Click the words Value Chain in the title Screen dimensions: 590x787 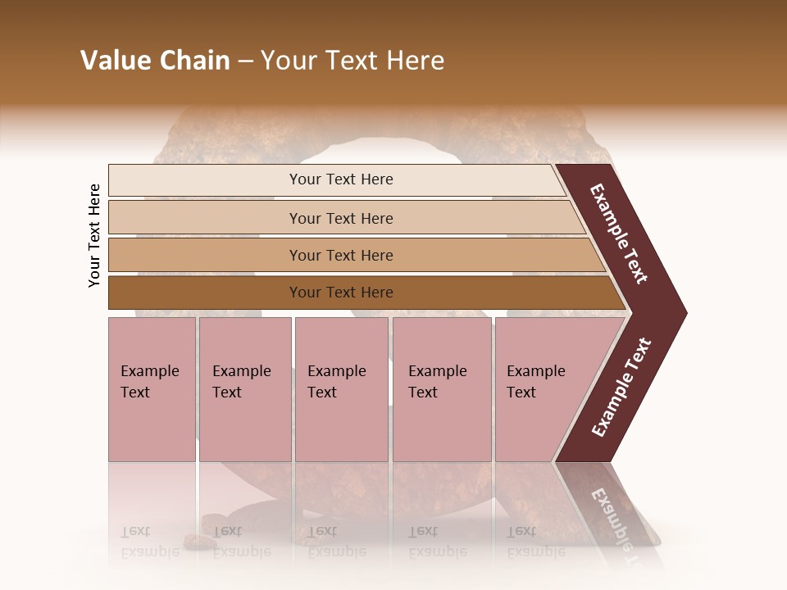[155, 61]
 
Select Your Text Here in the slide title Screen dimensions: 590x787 [353, 61]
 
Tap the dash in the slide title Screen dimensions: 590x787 [245, 61]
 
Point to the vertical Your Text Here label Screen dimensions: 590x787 [94, 235]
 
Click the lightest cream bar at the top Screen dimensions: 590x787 [340, 179]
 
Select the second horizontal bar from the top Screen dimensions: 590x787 [340, 218]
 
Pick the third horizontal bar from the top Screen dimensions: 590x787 [340, 255]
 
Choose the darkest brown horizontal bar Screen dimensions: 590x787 [340, 293]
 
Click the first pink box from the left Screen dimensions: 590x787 [152, 388]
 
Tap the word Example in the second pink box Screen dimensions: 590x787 [241, 371]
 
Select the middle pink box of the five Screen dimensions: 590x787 [341, 388]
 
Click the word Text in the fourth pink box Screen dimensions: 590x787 [423, 393]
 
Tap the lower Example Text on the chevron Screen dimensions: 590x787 [621, 388]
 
